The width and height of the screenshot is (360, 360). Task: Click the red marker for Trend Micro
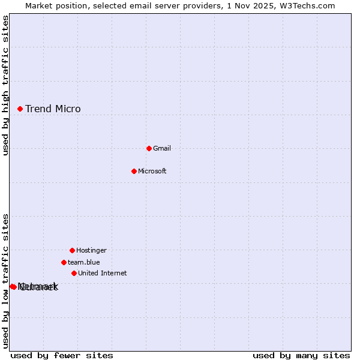click(x=20, y=109)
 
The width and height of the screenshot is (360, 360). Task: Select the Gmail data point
click(x=149, y=148)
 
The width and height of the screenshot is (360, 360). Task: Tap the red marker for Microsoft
click(x=134, y=171)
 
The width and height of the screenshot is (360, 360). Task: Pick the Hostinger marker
click(x=72, y=250)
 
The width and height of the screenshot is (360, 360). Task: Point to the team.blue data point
click(x=64, y=262)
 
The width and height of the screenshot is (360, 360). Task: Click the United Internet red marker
click(x=74, y=273)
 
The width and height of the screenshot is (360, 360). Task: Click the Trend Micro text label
click(x=53, y=109)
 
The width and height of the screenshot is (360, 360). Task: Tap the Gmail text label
click(x=162, y=148)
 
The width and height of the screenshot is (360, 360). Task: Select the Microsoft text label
click(x=152, y=171)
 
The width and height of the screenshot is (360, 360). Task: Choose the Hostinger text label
click(x=91, y=250)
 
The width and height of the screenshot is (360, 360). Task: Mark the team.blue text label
click(x=84, y=262)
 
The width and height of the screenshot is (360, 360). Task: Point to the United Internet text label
click(x=103, y=273)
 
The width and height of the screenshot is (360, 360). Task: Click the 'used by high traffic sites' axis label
click(x=5, y=85)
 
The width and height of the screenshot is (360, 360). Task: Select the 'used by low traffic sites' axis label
click(x=5, y=281)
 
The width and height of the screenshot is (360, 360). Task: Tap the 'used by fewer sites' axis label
click(x=62, y=355)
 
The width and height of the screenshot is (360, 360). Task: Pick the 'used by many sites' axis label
click(x=301, y=355)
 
